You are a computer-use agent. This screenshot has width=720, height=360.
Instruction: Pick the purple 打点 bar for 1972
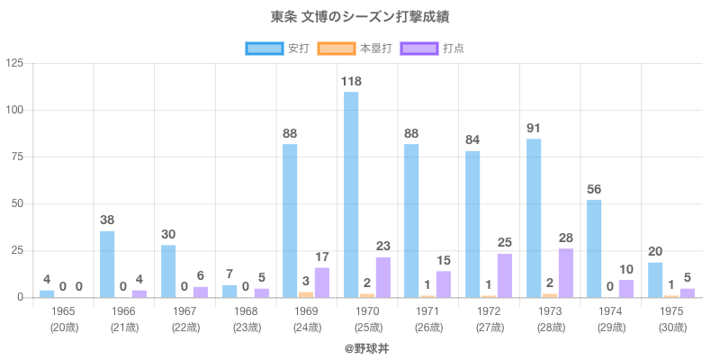coord(505,275)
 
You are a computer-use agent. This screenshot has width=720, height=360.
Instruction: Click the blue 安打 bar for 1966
coord(107,264)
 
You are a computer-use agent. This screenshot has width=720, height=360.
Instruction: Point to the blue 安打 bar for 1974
coord(594,248)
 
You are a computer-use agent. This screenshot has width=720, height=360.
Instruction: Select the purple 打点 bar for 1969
coord(322,282)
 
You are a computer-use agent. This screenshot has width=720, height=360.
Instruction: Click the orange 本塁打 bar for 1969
coord(306,294)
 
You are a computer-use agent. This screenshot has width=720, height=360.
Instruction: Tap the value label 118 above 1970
coord(351,82)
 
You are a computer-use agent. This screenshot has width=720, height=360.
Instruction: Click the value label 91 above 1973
coord(534,128)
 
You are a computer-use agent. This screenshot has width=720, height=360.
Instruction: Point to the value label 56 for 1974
coord(594,190)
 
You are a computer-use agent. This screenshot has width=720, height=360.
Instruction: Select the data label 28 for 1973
coord(566,238)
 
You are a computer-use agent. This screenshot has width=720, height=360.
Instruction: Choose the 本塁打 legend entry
coord(354,48)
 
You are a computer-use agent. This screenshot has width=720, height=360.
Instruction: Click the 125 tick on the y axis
coord(15,63)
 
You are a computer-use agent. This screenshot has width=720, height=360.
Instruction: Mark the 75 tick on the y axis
coord(18,157)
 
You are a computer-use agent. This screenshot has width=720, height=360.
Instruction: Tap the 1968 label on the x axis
coord(246,311)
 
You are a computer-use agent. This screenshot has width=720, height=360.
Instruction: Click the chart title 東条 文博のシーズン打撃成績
coord(360,17)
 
